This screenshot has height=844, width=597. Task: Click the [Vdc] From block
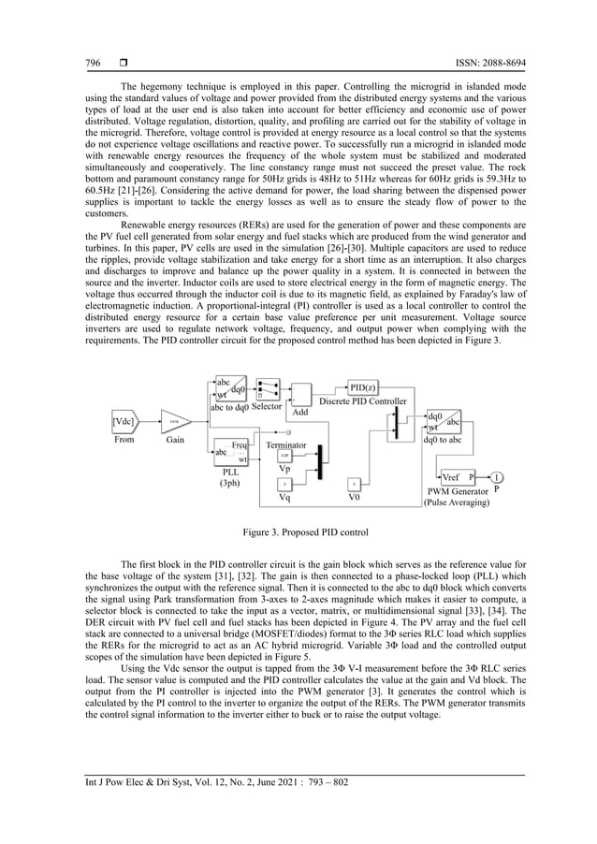pyautogui.click(x=124, y=420)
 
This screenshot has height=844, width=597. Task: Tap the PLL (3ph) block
pyautogui.click(x=230, y=452)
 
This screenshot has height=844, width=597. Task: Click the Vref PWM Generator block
pyautogui.click(x=458, y=476)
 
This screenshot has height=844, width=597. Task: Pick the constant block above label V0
pyautogui.click(x=354, y=484)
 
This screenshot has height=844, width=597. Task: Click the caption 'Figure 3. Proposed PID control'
pyautogui.click(x=298, y=531)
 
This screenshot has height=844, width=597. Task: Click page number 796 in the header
pyautogui.click(x=93, y=63)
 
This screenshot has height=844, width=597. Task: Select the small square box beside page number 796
pyautogui.click(x=123, y=63)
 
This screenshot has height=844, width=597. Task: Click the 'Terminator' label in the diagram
pyautogui.click(x=286, y=445)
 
